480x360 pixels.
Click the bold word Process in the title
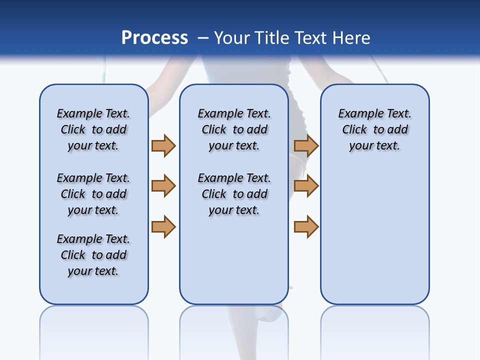click(154, 38)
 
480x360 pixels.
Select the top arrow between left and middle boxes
click(163, 145)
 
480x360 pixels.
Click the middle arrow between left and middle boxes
click(163, 186)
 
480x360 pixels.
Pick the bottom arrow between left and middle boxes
click(163, 227)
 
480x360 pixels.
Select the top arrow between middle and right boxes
click(306, 145)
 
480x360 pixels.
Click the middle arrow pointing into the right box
click(306, 186)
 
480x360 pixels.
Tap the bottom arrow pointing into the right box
click(306, 227)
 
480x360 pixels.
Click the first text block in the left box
click(93, 129)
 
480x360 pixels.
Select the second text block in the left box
click(93, 194)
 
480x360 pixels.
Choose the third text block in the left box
click(93, 255)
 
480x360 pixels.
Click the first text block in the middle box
click(234, 129)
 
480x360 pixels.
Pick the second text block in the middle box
click(234, 194)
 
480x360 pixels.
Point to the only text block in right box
click(374, 129)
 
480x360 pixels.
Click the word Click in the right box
click(354, 129)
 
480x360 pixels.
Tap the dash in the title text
click(203, 38)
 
